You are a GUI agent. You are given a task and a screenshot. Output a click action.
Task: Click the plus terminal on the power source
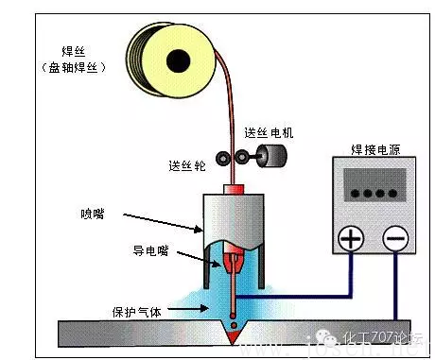pyautogui.click(x=351, y=238)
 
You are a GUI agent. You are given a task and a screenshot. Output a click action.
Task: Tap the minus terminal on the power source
pyautogui.click(x=397, y=238)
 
